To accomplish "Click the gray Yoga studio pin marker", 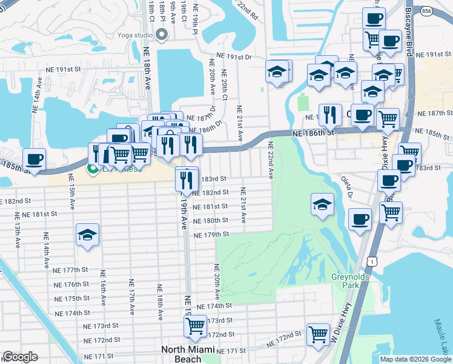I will tap(161, 35).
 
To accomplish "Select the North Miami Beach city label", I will tap(188, 354).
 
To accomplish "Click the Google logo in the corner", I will tap(20, 357).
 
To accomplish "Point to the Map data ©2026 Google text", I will tap(415, 359).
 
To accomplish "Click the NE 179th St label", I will tap(211, 234).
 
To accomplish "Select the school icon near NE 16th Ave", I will tap(87, 235).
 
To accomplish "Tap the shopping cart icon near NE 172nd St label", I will tap(318, 334).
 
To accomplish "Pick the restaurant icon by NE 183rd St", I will tap(187, 179).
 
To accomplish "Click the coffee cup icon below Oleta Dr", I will tap(360, 220).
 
